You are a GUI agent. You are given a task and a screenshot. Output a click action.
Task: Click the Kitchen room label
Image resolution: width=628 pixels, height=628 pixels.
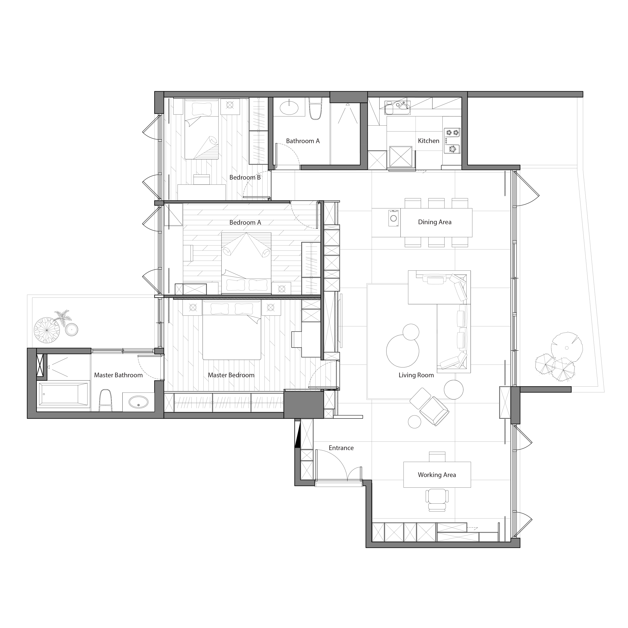[428, 141]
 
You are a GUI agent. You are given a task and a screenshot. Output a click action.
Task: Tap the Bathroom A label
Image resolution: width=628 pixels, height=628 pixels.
[303, 141]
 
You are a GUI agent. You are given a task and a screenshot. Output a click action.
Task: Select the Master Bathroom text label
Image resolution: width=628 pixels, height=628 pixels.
[118, 375]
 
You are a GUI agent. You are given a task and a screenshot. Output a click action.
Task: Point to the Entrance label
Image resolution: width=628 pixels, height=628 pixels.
[341, 448]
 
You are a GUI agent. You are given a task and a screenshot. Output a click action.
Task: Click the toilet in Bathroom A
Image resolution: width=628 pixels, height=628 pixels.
[315, 108]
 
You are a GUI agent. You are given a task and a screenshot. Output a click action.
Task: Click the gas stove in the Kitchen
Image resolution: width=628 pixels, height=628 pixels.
[452, 140]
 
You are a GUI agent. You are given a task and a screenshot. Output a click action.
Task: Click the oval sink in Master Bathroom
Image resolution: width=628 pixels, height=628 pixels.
[138, 402]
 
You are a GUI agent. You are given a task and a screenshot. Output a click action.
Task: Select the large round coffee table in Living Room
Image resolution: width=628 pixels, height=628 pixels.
[402, 351]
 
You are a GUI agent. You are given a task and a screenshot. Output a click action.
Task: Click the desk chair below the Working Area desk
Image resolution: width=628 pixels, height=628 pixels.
[437, 500]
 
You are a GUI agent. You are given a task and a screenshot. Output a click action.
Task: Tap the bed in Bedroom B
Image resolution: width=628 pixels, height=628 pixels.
[202, 129]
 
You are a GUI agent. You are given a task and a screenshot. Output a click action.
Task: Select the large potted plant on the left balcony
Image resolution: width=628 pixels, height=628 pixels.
[47, 330]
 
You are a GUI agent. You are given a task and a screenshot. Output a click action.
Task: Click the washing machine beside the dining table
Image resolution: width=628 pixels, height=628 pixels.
[394, 218]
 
